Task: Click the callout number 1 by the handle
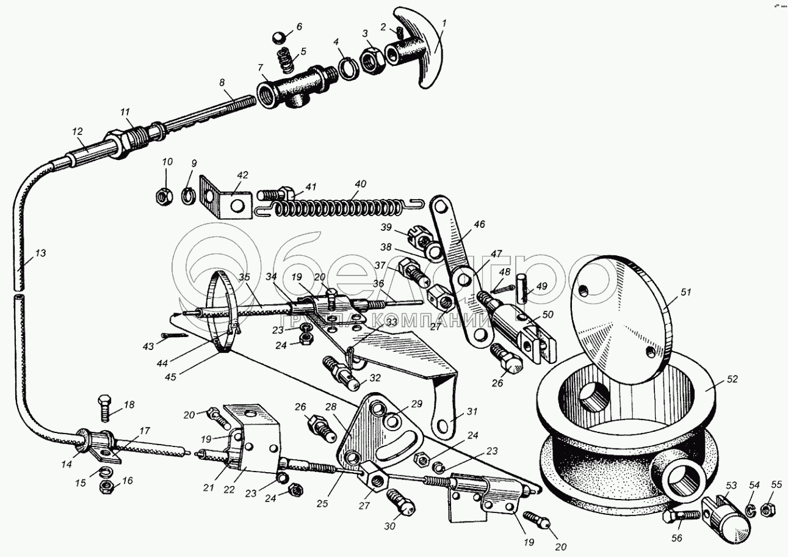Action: pyautogui.click(x=444, y=24)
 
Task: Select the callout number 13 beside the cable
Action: pyautogui.click(x=40, y=253)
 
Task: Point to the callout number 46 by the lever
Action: pyautogui.click(x=479, y=225)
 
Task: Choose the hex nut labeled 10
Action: pyautogui.click(x=164, y=195)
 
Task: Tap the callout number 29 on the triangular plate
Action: pyautogui.click(x=417, y=404)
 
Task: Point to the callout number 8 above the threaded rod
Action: pyautogui.click(x=221, y=82)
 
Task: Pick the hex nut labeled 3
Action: pyautogui.click(x=370, y=59)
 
